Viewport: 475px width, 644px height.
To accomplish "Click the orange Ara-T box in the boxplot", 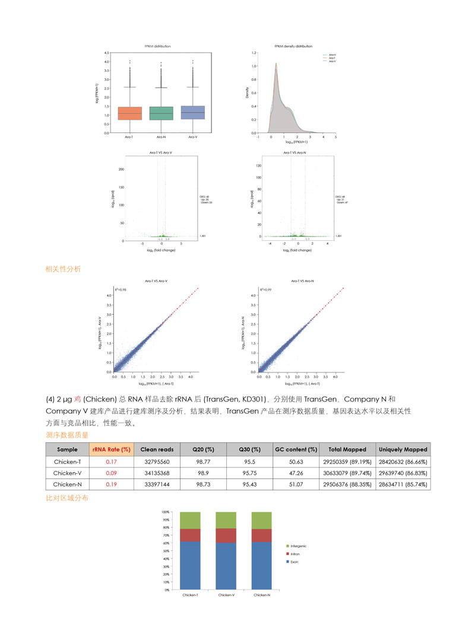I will (129, 113).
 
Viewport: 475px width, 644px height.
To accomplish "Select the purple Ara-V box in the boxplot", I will (192, 113).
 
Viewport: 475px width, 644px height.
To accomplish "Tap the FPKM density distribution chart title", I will (293, 46).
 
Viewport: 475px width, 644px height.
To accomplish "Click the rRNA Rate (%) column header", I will (111, 449).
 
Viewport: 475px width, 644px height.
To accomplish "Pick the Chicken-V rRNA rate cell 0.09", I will (111, 473).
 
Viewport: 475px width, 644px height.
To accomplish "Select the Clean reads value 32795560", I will (157, 461).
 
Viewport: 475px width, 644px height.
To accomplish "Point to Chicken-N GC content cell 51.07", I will (296, 484).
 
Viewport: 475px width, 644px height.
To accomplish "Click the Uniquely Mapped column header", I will (403, 449).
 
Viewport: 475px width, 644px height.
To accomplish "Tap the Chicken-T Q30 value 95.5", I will (250, 461).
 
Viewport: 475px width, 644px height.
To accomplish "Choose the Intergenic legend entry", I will (298, 546).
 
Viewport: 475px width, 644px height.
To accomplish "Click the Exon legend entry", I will (294, 561).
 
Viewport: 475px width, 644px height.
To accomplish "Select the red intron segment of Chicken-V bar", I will (226, 535).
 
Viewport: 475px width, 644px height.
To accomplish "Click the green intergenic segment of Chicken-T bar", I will (191, 520).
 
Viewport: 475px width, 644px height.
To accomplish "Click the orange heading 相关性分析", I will (64, 269).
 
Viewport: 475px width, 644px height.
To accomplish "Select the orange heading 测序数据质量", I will (67, 435).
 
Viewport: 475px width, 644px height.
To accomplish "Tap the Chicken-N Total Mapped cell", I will (347, 484).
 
